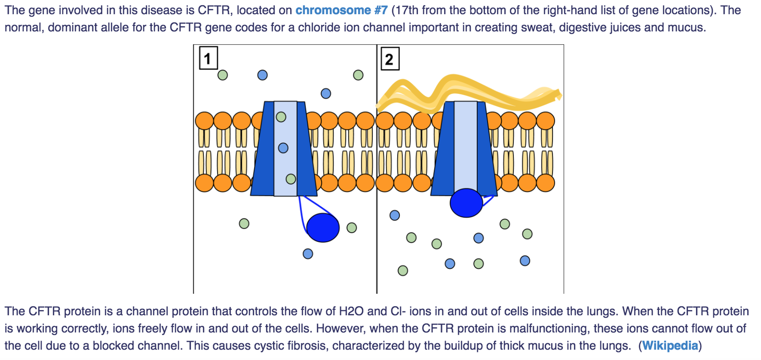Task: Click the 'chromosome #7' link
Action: point(341,10)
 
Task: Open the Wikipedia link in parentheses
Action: point(670,345)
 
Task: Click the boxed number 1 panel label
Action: point(208,58)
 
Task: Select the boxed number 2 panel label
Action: point(389,59)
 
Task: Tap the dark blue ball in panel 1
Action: point(322,228)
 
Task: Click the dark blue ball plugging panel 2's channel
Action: point(466,203)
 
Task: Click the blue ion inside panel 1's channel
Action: point(283,148)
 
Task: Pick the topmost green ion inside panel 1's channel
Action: point(281,117)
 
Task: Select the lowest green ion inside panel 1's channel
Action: point(290,179)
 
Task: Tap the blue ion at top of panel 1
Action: point(262,75)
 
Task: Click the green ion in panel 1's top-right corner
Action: point(358,75)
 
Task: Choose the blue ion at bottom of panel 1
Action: point(308,254)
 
